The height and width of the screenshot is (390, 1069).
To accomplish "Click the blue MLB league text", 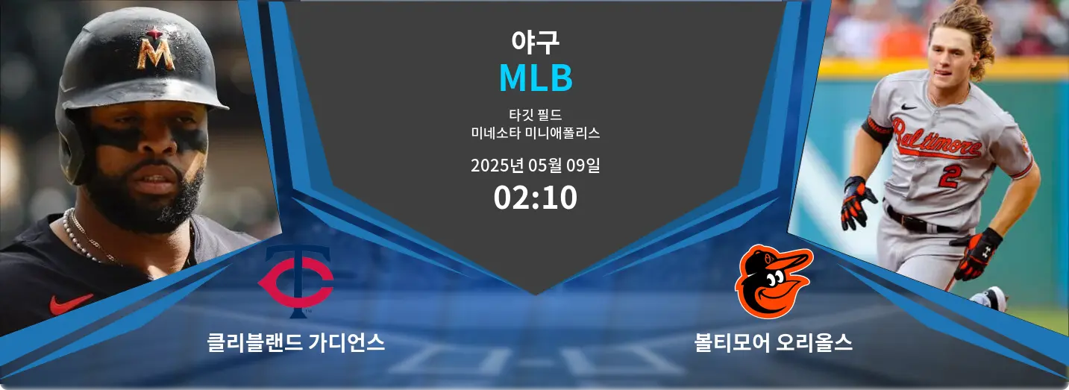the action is [536, 78].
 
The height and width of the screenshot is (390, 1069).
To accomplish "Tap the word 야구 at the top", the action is [535, 42].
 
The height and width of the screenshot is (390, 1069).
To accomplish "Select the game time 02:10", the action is [536, 198].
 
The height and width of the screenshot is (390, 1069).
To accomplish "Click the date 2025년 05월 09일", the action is [536, 166].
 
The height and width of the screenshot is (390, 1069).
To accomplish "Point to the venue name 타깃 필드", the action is [536, 115].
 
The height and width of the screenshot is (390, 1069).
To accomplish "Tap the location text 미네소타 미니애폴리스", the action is [536, 133].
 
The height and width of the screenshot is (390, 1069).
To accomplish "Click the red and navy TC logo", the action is [296, 281].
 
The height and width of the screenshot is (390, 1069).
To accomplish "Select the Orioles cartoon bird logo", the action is [774, 281].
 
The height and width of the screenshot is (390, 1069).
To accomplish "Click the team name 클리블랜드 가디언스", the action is [296, 342].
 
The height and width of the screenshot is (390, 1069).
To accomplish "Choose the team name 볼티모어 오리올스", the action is [774, 342].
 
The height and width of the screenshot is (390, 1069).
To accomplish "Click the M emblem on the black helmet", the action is [156, 49].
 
